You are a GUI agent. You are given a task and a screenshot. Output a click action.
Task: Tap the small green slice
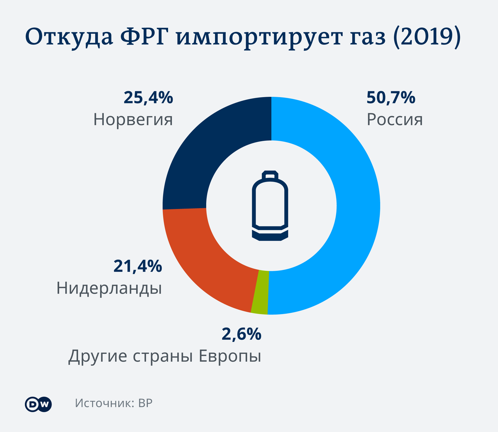click(x=260, y=292)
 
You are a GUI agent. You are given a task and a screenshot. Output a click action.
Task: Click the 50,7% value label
click(x=391, y=98)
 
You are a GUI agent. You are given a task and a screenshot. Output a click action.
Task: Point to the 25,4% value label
click(x=148, y=98)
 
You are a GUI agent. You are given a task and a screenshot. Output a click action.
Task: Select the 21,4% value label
click(x=137, y=266)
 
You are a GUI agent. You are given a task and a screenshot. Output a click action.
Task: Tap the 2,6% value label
click(x=241, y=334)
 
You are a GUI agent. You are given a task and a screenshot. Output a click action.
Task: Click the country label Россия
click(x=395, y=120)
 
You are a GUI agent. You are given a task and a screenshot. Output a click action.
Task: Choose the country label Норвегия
click(x=133, y=120)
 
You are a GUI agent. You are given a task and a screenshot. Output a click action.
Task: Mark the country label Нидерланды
click(x=109, y=288)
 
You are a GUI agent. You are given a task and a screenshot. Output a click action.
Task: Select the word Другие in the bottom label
click(x=98, y=356)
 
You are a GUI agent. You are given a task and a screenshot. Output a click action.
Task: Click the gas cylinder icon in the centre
click(x=270, y=206)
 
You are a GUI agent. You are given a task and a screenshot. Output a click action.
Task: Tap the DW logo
click(x=38, y=404)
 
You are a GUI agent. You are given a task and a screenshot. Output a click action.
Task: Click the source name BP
click(x=145, y=403)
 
